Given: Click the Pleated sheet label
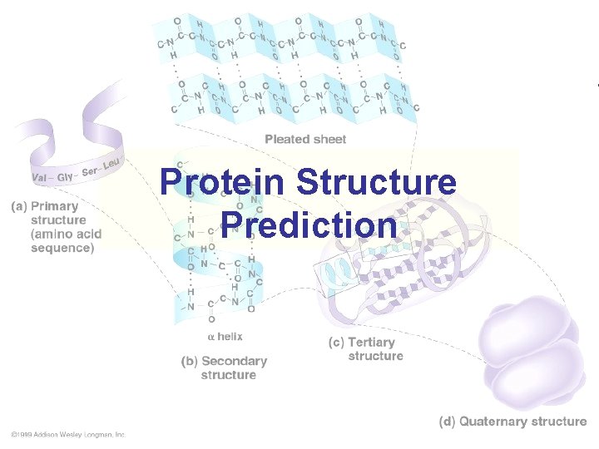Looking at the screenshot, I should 305,139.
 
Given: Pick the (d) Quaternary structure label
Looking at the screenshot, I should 512,422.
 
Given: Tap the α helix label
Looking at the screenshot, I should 225,337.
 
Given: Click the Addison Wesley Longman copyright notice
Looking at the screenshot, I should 68,434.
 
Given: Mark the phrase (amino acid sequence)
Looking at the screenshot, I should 62,240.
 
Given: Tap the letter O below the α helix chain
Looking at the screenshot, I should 211,318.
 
